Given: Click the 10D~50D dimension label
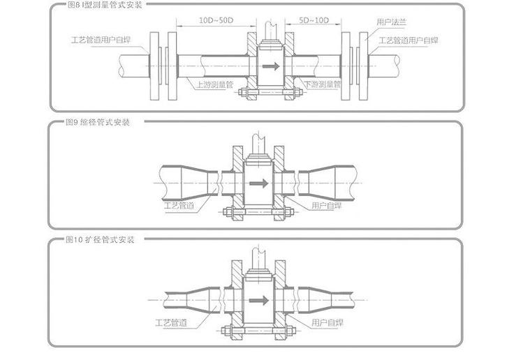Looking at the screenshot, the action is [216, 20].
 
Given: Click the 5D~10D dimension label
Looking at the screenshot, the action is [314, 20].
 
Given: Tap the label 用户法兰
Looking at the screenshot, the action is [392, 22].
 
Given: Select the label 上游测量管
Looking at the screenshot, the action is [215, 84].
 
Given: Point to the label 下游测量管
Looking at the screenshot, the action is [322, 84].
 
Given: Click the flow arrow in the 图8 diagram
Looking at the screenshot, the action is [271, 66].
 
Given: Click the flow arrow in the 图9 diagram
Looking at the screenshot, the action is [259, 183].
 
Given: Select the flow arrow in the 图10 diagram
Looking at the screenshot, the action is [259, 300].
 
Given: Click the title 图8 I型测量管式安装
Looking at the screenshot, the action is [105, 5].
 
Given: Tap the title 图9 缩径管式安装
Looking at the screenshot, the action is [97, 122].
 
